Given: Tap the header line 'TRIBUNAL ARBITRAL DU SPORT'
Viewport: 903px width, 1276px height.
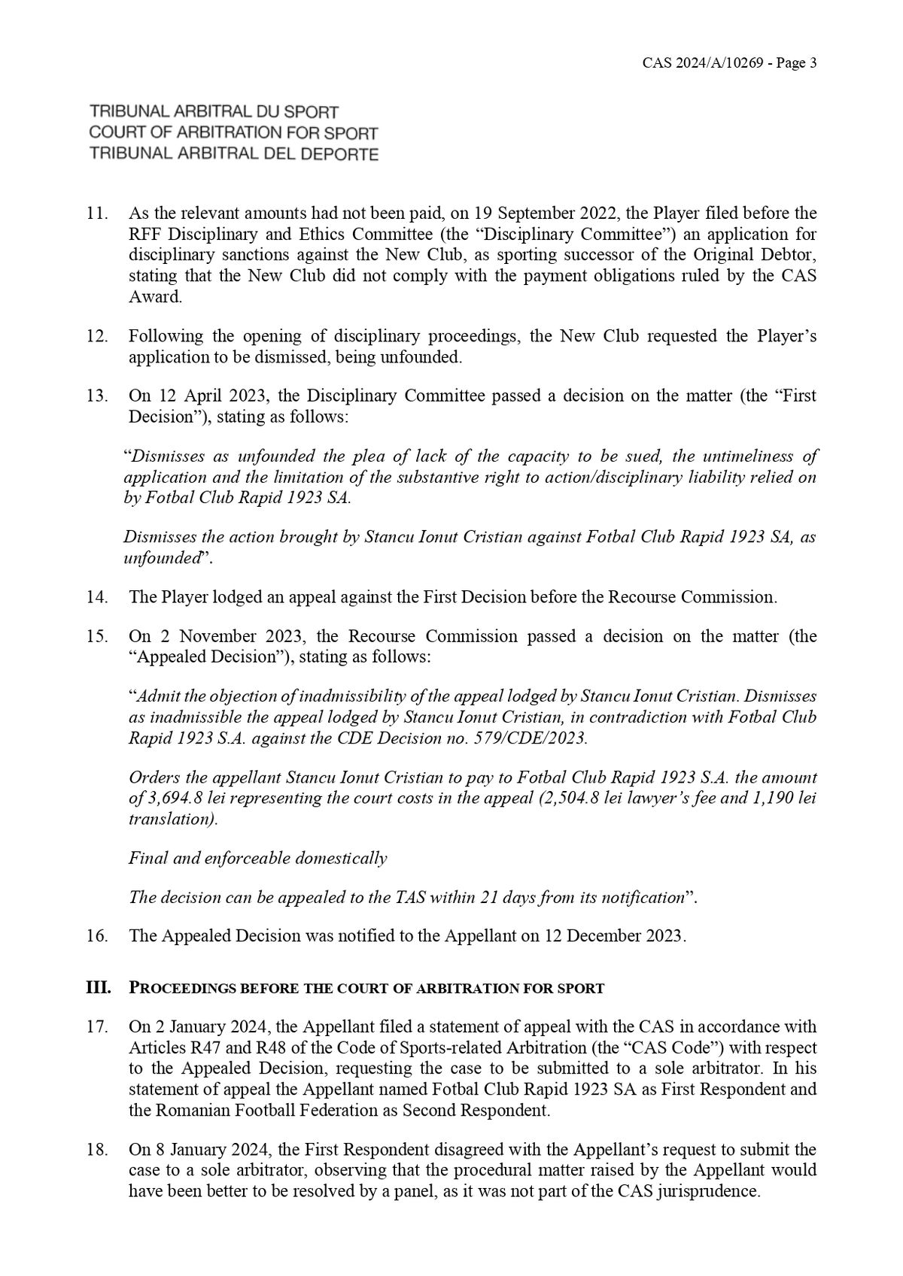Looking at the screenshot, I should (x=214, y=112).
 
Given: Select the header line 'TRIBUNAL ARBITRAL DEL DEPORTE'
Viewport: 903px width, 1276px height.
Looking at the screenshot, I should (x=233, y=154).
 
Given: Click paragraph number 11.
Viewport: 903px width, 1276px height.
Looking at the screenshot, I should (x=98, y=214).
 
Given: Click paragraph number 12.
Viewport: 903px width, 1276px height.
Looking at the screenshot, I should (x=98, y=336).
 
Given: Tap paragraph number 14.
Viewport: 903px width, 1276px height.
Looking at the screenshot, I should (x=98, y=598).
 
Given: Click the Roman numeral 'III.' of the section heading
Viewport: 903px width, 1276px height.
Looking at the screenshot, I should (x=101, y=987).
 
